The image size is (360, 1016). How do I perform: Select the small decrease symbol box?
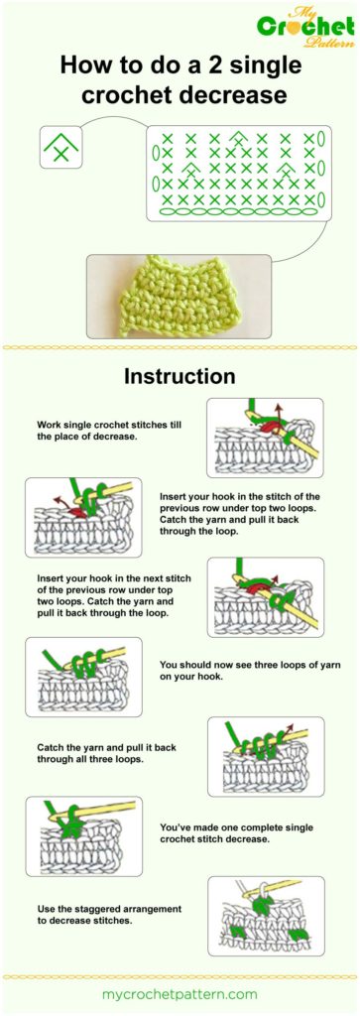(x=60, y=149)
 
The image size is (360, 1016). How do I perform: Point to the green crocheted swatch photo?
(x=179, y=297)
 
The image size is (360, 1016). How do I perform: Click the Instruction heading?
(x=180, y=377)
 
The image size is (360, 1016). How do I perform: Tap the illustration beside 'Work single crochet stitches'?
(x=265, y=438)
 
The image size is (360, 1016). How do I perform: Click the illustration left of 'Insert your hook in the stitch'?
(x=84, y=516)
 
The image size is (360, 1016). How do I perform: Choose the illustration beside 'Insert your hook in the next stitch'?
(x=265, y=596)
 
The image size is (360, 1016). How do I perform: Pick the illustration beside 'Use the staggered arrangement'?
(x=265, y=915)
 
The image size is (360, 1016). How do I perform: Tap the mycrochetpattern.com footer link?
(x=180, y=993)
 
